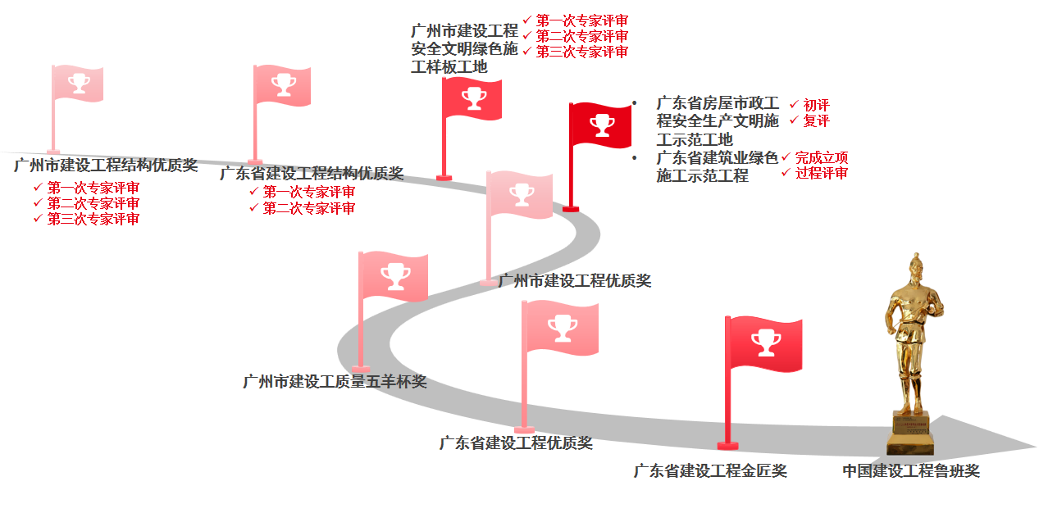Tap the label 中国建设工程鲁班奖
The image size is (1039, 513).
[x=910, y=471]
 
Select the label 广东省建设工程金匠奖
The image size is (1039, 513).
[x=710, y=471]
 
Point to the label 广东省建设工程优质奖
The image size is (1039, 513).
[x=516, y=443]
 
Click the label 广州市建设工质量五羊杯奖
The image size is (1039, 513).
[x=335, y=382]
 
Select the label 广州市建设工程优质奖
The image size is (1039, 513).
[x=575, y=281]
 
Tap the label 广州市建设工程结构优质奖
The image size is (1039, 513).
[x=106, y=166]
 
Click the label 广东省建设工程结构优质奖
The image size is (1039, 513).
[x=312, y=174]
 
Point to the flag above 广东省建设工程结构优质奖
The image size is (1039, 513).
[x=283, y=84]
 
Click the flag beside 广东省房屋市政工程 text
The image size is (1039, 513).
[x=602, y=126]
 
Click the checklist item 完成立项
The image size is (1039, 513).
[x=821, y=157]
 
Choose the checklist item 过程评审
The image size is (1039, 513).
[x=821, y=173]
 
